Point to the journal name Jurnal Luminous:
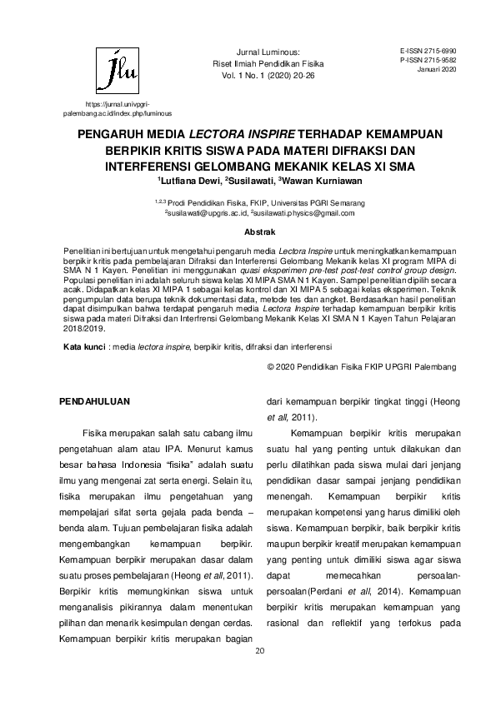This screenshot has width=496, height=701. pyautogui.click(x=263, y=52)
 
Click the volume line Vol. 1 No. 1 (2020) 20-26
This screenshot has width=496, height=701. pyautogui.click(x=263, y=73)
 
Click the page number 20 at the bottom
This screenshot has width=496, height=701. pyautogui.click(x=258, y=649)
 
